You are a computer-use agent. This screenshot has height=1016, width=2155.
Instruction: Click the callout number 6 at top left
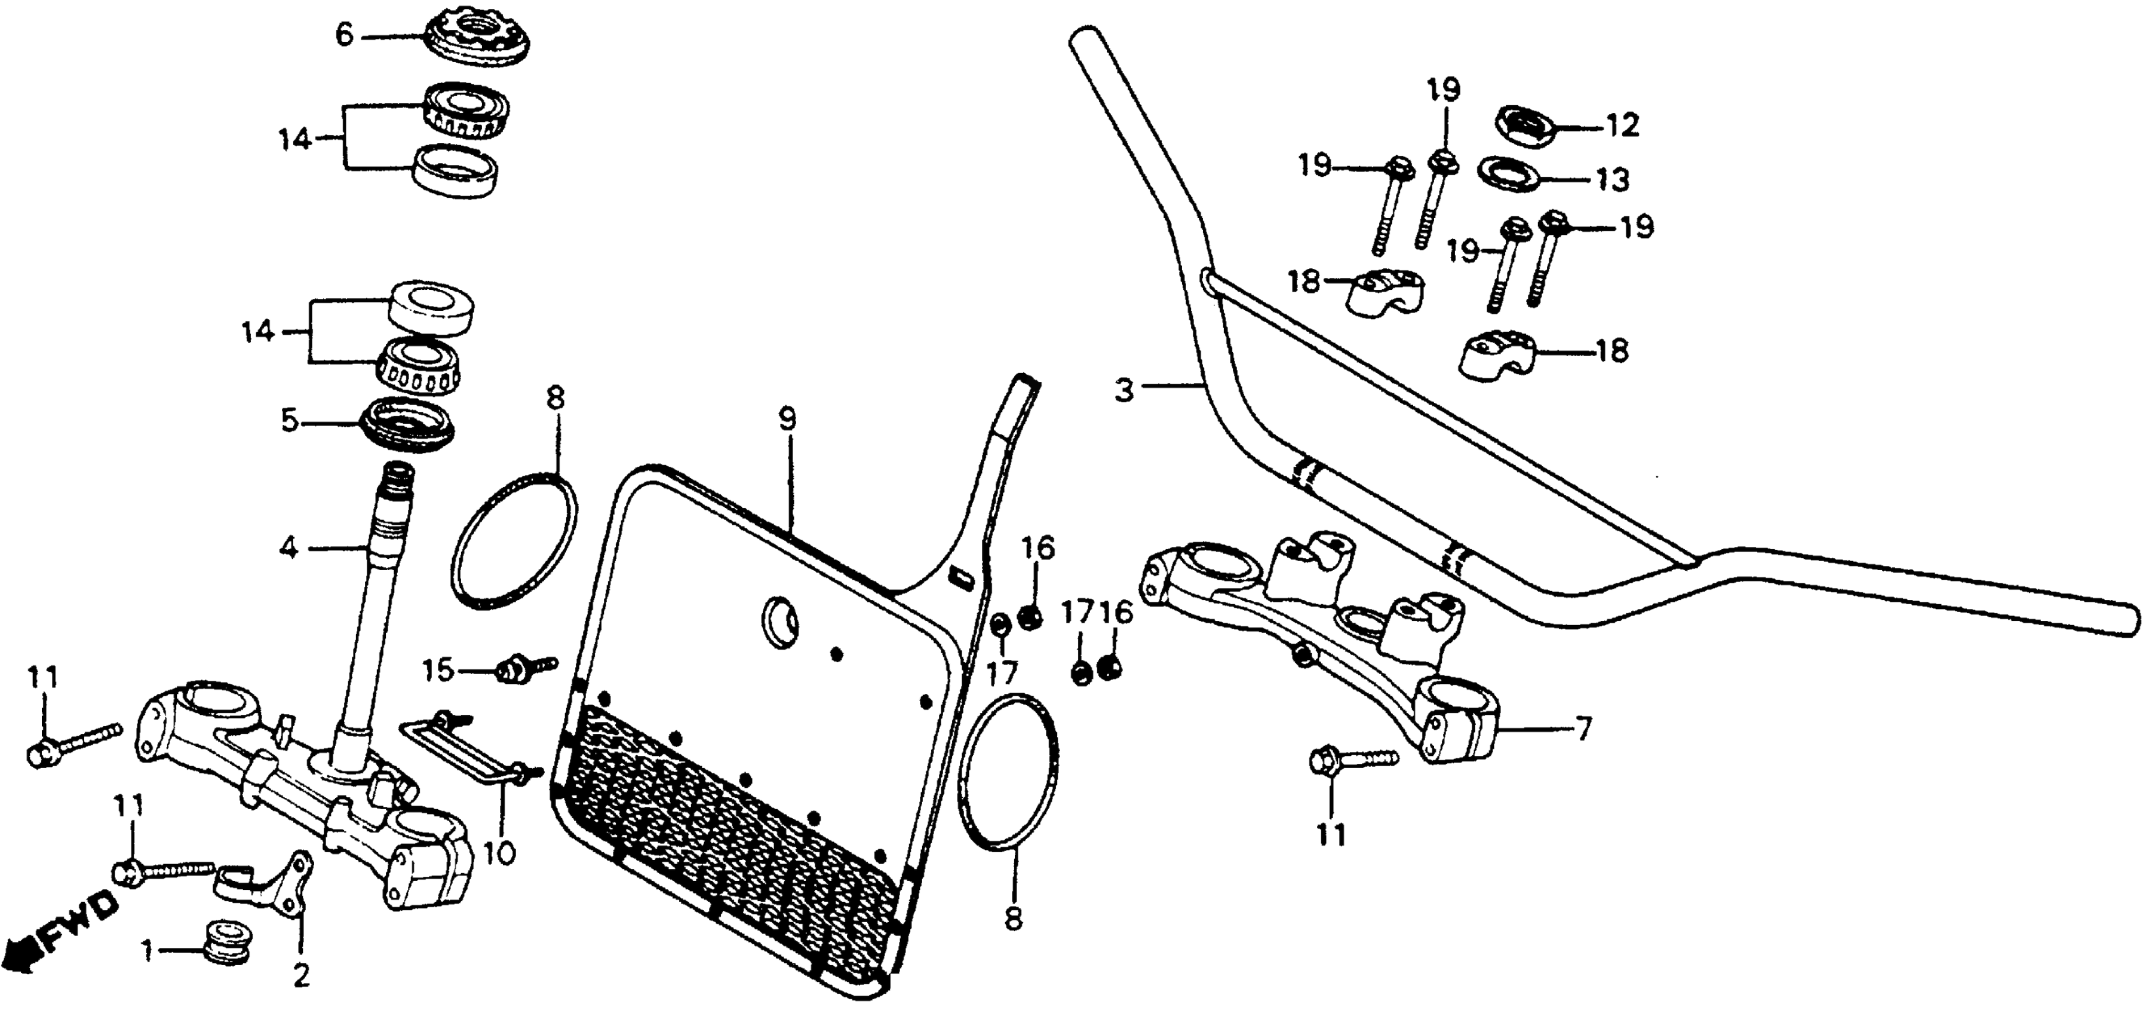(x=345, y=36)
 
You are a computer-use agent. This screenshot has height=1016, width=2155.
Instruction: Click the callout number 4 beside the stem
(x=288, y=549)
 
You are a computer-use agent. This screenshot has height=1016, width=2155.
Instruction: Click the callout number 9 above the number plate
(x=787, y=420)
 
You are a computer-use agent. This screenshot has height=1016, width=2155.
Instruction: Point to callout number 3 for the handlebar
(x=1123, y=389)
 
